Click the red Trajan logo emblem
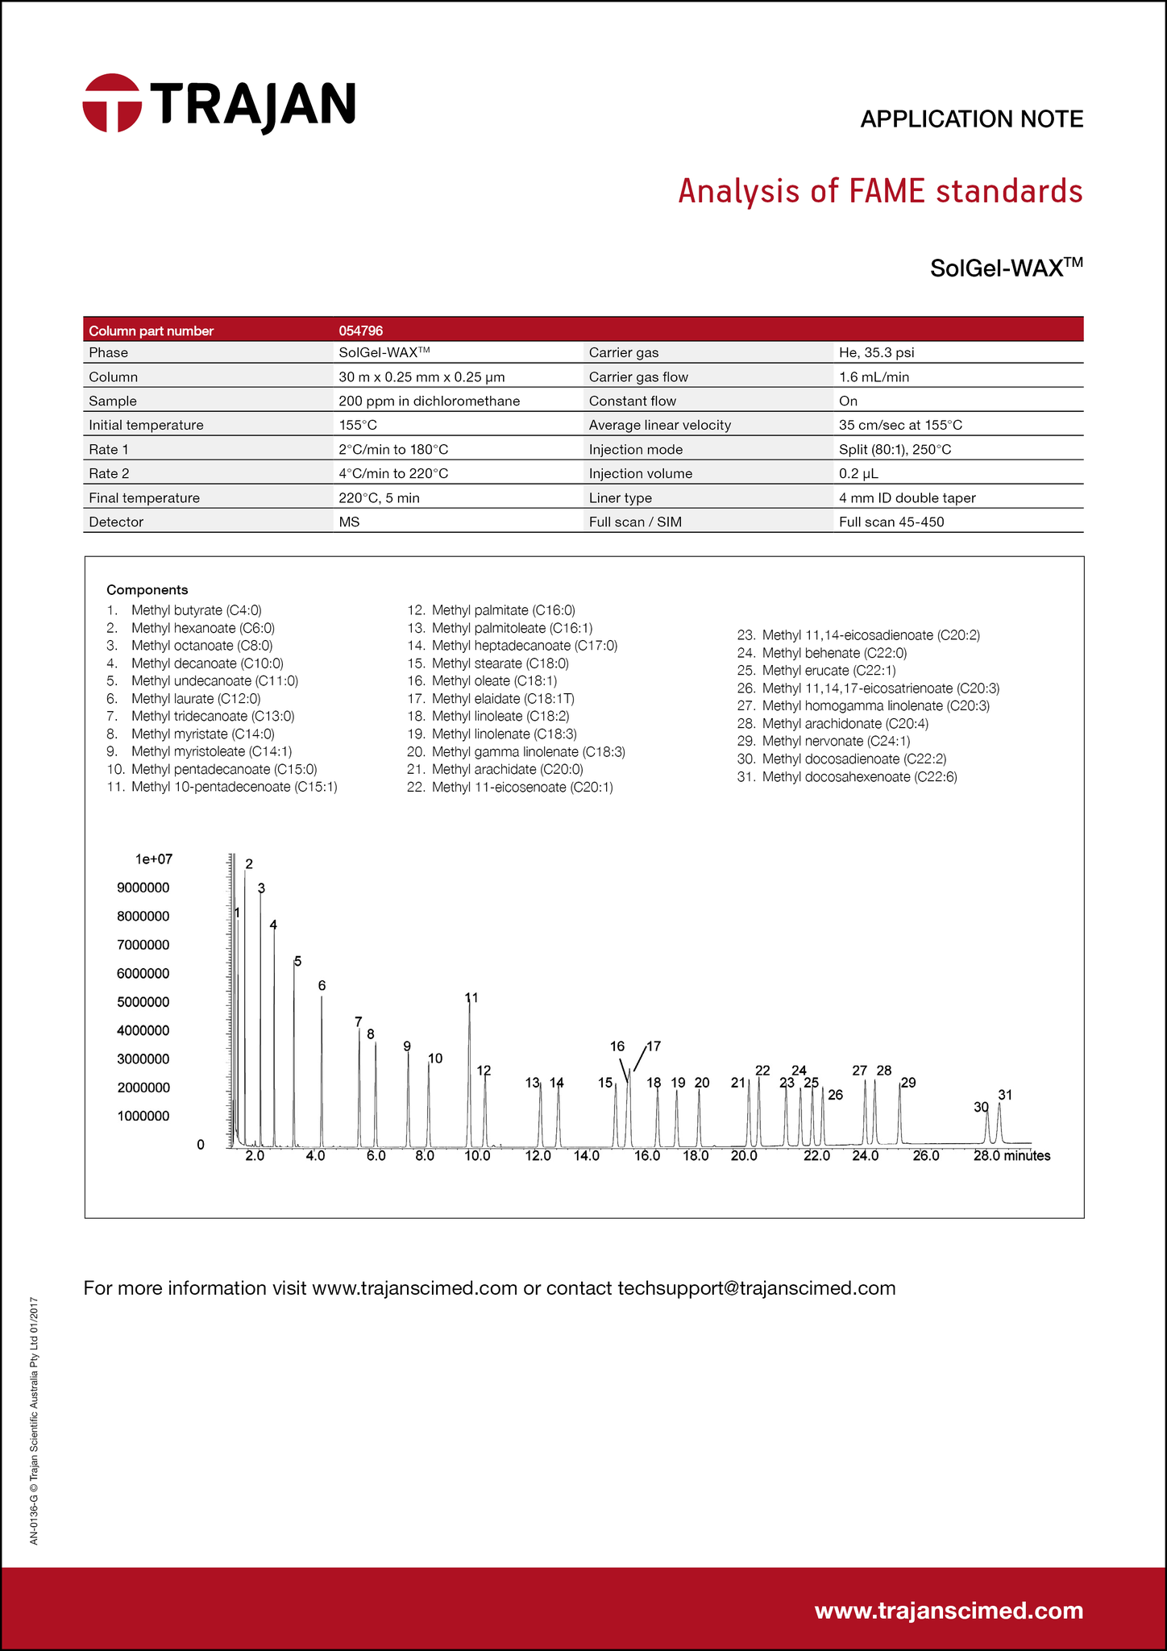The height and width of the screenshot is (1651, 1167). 112,103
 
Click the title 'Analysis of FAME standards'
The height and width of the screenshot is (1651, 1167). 880,192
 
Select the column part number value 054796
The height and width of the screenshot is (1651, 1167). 360,331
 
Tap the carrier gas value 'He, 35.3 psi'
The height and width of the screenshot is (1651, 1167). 876,352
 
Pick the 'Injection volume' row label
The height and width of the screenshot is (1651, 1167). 640,473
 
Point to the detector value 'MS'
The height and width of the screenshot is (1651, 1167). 349,522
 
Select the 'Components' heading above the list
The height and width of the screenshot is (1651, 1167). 147,589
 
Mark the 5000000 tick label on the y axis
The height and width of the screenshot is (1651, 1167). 143,1002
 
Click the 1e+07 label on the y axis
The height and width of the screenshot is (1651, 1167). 153,859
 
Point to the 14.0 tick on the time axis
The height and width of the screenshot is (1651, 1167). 586,1156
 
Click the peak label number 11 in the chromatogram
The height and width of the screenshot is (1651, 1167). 471,997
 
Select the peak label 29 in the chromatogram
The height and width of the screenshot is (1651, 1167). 908,1083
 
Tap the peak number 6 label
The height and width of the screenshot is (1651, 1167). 322,985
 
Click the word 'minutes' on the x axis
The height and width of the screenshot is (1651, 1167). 1027,1156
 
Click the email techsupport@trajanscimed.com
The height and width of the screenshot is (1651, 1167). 756,1287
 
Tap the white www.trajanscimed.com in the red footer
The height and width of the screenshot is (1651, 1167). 949,1611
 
